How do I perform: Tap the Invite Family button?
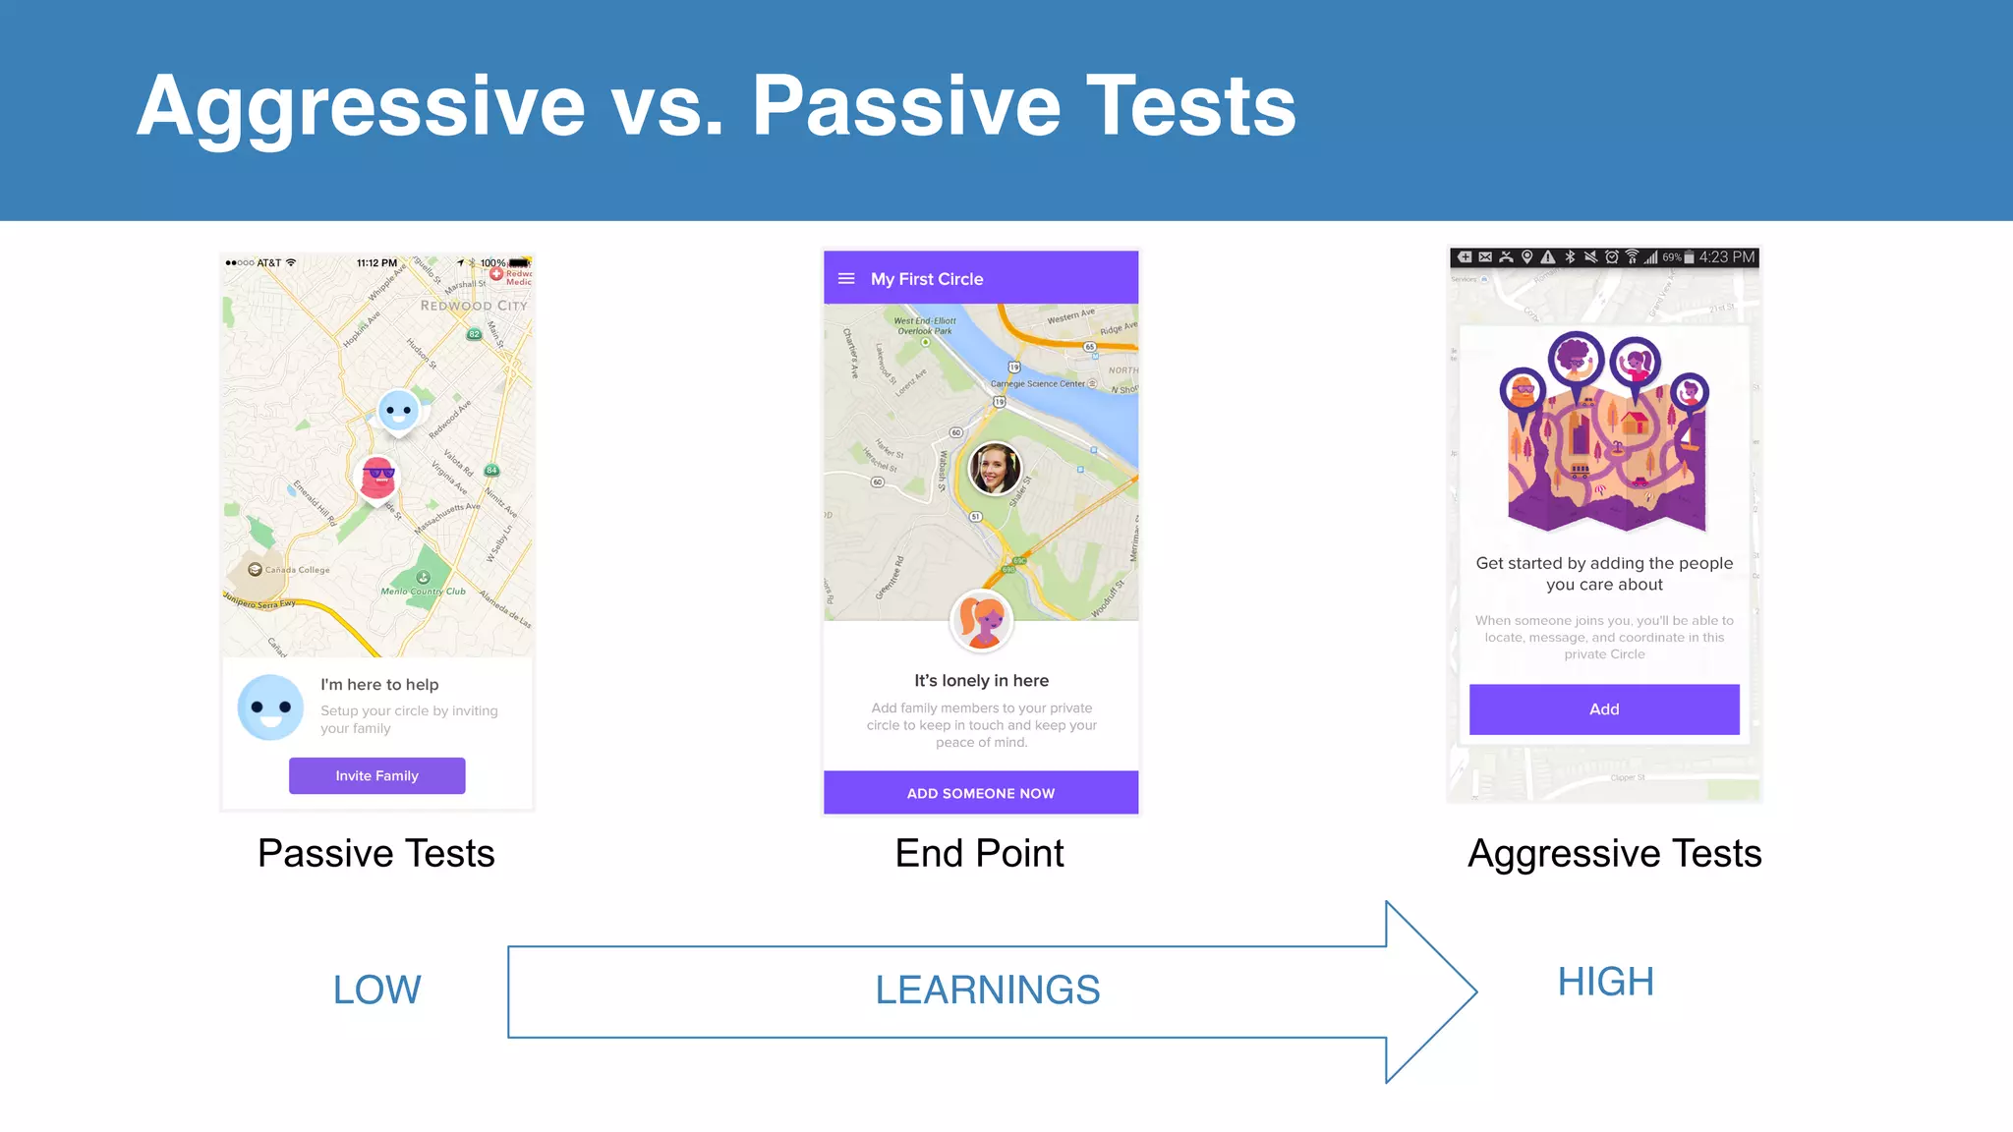pyautogui.click(x=376, y=775)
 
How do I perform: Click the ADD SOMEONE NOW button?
pyautogui.click(x=980, y=793)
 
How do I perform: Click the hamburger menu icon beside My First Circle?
pyautogui.click(x=846, y=279)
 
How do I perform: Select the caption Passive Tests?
pyautogui.click(x=375, y=853)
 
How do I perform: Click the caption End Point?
pyautogui.click(x=979, y=853)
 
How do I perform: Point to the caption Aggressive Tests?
pyautogui.click(x=1614, y=853)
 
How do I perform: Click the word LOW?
pyautogui.click(x=376, y=990)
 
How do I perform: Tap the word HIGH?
pyautogui.click(x=1606, y=982)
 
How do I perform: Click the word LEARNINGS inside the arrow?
pyautogui.click(x=987, y=990)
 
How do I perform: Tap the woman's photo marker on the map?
pyautogui.click(x=995, y=468)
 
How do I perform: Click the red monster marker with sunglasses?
pyautogui.click(x=377, y=478)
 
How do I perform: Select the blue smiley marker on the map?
pyautogui.click(x=398, y=410)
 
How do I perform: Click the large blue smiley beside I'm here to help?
pyautogui.click(x=270, y=707)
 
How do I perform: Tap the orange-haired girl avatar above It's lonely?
pyautogui.click(x=981, y=621)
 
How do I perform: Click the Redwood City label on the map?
pyautogui.click(x=474, y=306)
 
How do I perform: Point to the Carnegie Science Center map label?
pyautogui.click(x=1037, y=384)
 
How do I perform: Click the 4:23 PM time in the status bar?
pyautogui.click(x=1727, y=257)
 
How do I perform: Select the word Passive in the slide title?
pyautogui.click(x=905, y=106)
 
